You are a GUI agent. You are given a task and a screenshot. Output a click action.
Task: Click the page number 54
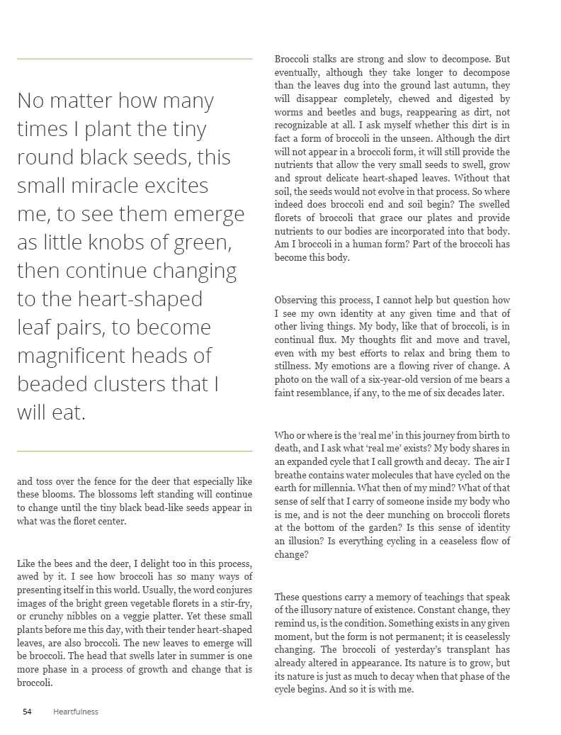(27, 712)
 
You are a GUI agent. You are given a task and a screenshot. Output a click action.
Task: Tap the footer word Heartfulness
(76, 712)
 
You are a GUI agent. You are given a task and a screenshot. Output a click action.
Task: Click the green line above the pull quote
(135, 59)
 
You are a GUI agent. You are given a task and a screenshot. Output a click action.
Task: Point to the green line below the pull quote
(135, 451)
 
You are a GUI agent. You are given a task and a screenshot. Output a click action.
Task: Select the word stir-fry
(234, 603)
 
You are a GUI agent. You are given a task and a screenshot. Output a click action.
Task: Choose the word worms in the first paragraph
(289, 112)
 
